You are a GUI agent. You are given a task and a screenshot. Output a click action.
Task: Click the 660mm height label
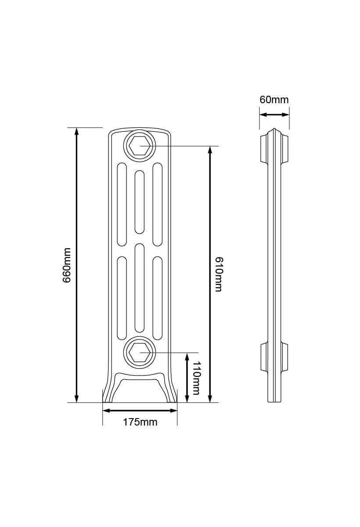pos(67,265)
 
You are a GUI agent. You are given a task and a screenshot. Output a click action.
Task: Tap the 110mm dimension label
pos(196,378)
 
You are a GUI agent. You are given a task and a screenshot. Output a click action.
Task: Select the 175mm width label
pos(140,422)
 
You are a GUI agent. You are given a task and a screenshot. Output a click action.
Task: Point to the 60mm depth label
pos(274,100)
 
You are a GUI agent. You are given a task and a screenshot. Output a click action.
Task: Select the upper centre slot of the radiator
pos(140,202)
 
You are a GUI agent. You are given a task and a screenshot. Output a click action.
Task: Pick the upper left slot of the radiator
pos(122,204)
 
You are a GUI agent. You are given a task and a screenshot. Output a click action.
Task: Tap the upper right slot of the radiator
pos(158,204)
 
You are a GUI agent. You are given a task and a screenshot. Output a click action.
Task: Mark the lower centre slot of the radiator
pos(140,288)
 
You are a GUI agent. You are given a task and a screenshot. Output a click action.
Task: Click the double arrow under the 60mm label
pos(274,115)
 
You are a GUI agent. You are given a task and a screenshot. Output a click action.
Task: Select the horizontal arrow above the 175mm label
pos(140,411)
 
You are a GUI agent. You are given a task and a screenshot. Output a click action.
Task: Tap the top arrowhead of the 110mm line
pos(187,356)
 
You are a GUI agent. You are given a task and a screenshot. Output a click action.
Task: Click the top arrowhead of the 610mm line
pos(210,150)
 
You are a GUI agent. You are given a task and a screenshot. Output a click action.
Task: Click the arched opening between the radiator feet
pos(140,391)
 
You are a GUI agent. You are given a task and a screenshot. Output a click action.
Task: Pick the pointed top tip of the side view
pos(274,129)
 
